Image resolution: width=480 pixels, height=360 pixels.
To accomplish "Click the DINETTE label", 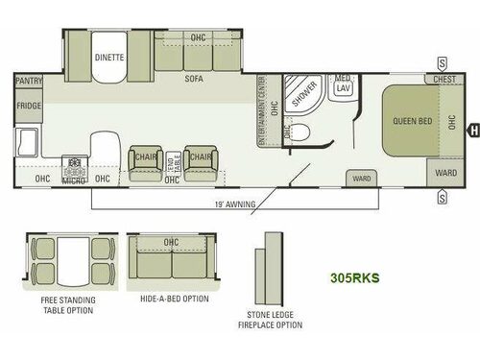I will click(108, 57).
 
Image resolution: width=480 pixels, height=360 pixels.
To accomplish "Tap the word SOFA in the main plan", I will click(193, 82).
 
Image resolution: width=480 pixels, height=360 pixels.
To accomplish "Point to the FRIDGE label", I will click(29, 120).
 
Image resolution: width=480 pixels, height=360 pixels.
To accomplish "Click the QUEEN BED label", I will click(411, 121).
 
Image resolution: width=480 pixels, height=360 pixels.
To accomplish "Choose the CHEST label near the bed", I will click(444, 80).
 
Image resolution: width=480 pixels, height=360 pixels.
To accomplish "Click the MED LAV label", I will click(343, 86).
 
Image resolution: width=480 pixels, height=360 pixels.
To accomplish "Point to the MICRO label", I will click(74, 180).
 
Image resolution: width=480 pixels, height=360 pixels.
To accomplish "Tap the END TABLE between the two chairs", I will click(174, 162).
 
